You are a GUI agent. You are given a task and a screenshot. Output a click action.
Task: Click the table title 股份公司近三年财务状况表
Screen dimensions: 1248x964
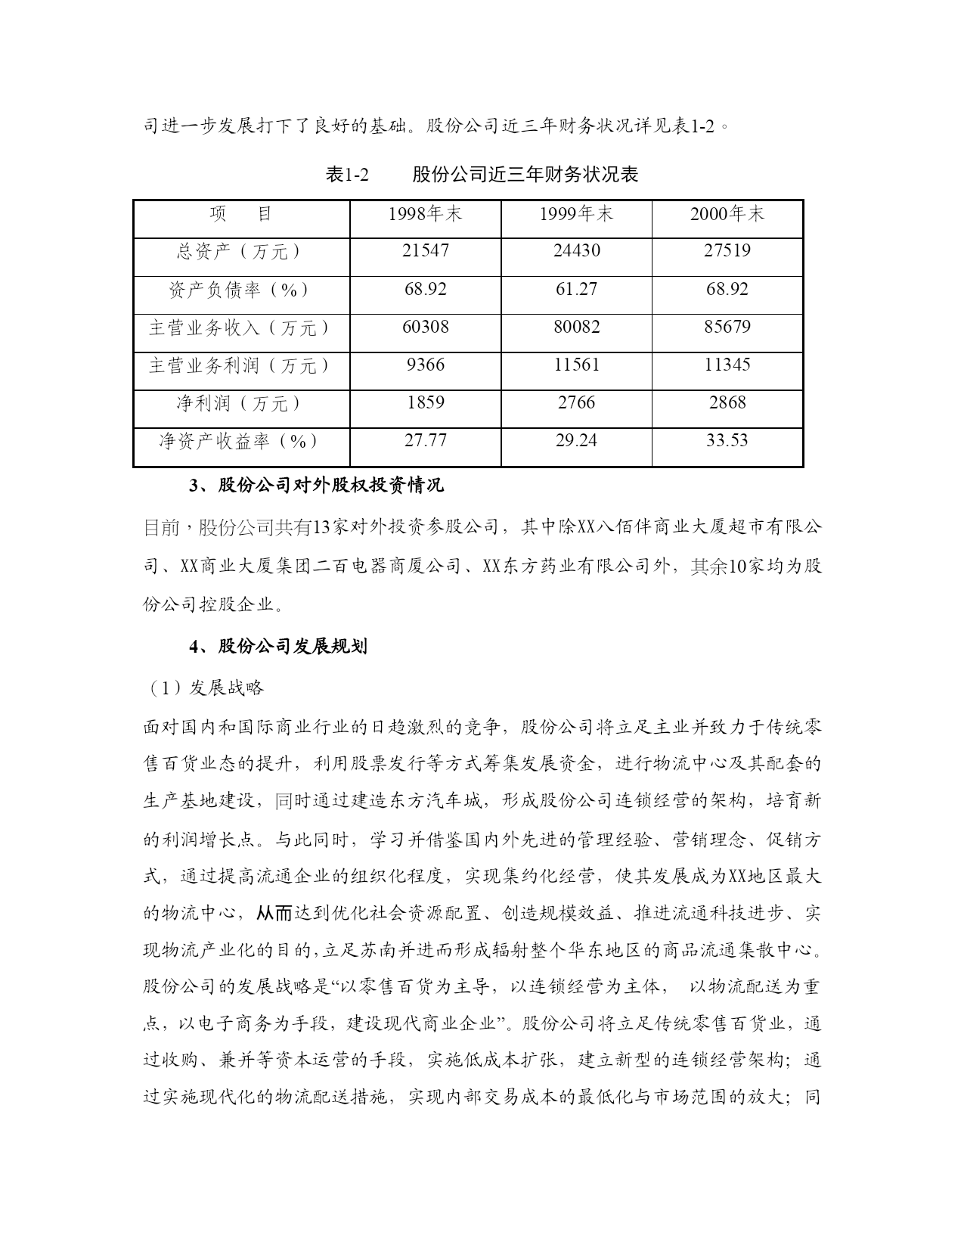click(x=525, y=175)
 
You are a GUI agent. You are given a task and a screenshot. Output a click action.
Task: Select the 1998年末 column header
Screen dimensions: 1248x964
click(x=425, y=215)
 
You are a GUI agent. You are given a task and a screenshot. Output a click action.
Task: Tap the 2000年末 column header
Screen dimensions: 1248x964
click(x=727, y=215)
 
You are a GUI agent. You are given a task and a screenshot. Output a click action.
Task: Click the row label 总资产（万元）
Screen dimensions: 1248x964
click(x=240, y=252)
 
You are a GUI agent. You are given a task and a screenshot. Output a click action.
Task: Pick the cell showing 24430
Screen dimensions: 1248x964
click(x=576, y=251)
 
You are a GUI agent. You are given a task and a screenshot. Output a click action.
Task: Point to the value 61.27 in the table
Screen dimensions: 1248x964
click(x=576, y=289)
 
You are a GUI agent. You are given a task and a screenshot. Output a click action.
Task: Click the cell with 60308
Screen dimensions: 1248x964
click(x=425, y=327)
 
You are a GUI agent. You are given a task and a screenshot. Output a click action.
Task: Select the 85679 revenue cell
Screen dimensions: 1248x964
click(x=727, y=327)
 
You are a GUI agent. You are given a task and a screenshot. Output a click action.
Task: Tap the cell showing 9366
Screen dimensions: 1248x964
click(x=425, y=365)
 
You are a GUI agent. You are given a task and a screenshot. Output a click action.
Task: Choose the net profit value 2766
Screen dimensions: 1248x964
click(x=576, y=402)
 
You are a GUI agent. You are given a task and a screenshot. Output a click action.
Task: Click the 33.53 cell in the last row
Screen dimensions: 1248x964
click(x=727, y=440)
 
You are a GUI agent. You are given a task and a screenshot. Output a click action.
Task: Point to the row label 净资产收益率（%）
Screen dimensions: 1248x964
click(x=240, y=441)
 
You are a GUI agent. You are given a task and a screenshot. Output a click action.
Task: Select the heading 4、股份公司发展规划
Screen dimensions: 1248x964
click(x=278, y=647)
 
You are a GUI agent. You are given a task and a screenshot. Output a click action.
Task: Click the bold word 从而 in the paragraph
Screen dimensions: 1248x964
click(x=274, y=913)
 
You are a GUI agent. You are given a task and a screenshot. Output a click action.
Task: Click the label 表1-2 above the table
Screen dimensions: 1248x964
click(x=346, y=175)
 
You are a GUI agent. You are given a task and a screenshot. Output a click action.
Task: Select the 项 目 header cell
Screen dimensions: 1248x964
click(x=240, y=215)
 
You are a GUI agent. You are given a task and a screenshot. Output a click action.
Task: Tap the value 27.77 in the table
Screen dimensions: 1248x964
click(x=425, y=440)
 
